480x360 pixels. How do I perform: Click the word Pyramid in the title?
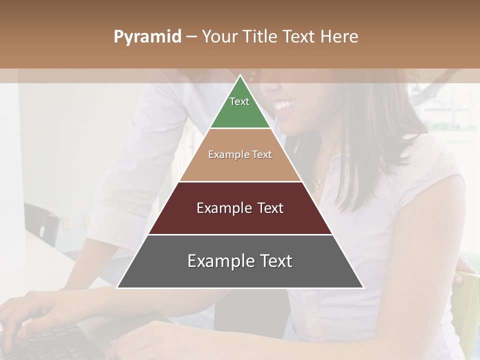147,37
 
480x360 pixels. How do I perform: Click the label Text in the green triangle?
239,101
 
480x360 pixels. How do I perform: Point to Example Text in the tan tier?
240,154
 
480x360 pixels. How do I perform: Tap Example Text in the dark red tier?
240,208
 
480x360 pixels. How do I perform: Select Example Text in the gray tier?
240,261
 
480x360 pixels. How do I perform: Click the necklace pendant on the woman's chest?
319,183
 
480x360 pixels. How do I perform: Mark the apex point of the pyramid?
240,76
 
